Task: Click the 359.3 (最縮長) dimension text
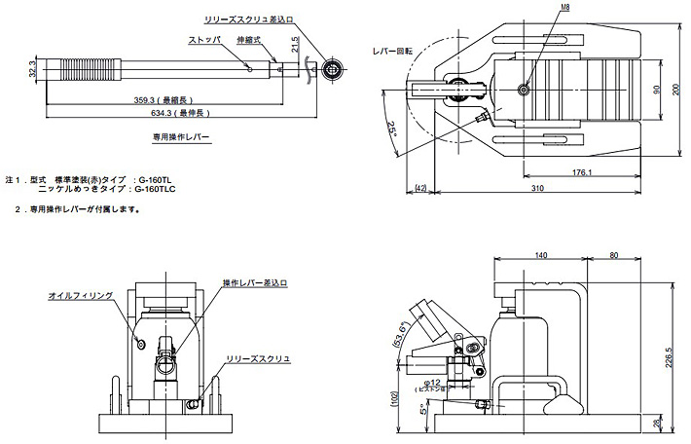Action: tap(168, 98)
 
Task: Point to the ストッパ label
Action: tap(204, 40)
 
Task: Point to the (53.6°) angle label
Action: tap(398, 334)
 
